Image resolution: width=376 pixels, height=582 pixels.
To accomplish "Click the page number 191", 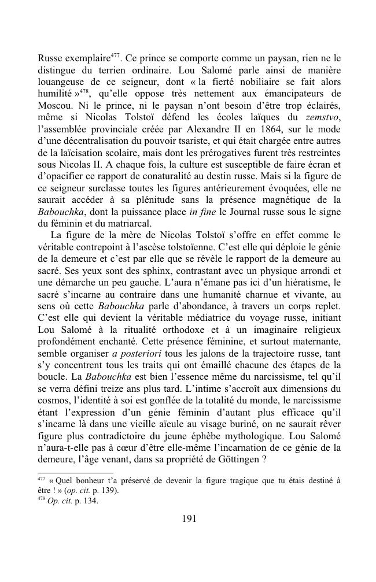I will (189, 518).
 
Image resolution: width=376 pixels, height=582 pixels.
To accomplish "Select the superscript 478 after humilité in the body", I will (84, 90).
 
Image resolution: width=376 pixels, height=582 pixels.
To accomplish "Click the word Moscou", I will (54, 106).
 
